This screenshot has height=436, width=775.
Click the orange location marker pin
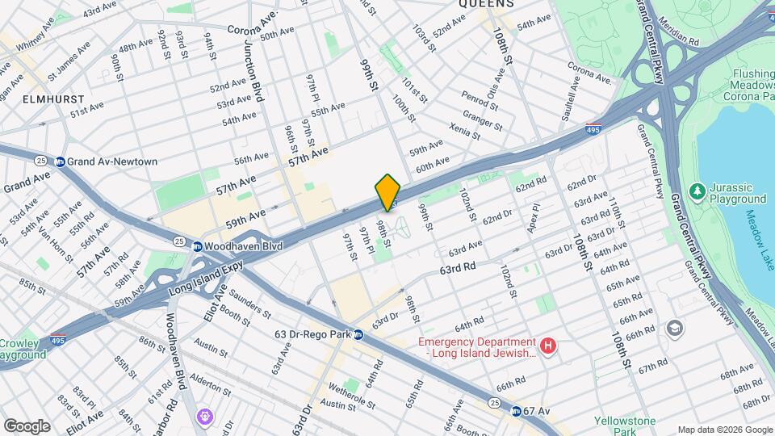click(x=387, y=192)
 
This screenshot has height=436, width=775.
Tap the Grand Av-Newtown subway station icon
click(x=60, y=161)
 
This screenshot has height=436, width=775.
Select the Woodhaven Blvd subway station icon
click(x=197, y=245)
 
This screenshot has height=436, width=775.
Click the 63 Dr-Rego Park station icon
click(x=357, y=334)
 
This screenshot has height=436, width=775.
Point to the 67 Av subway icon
click(x=515, y=411)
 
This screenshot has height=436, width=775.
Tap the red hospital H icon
click(x=548, y=346)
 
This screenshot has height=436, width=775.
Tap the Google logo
click(x=27, y=426)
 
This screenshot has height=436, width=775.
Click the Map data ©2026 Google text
click(x=724, y=430)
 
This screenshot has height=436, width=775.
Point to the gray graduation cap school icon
click(x=674, y=329)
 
